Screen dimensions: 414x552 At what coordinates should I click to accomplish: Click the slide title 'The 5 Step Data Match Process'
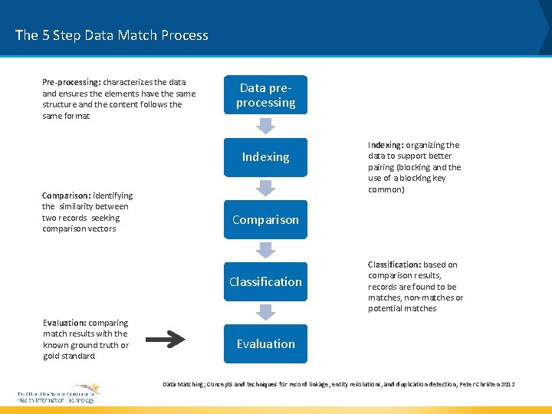pyautogui.click(x=112, y=35)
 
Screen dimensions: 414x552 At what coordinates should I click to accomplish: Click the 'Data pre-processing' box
pyautogui.click(x=265, y=95)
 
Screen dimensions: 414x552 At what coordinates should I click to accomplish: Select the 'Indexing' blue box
pyautogui.click(x=265, y=157)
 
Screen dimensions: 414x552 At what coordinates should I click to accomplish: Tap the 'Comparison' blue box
pyautogui.click(x=265, y=220)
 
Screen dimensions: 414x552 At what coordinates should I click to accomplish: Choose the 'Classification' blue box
pyautogui.click(x=265, y=282)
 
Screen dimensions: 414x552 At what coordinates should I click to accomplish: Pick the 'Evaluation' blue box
pyautogui.click(x=265, y=344)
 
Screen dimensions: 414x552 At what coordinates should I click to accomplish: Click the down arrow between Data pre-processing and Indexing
pyautogui.click(x=265, y=126)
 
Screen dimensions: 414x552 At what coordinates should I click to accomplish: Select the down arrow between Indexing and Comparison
pyautogui.click(x=265, y=188)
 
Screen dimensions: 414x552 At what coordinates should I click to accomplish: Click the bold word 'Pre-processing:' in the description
pyautogui.click(x=71, y=82)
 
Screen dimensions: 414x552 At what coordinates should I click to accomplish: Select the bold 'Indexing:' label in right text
pyautogui.click(x=386, y=145)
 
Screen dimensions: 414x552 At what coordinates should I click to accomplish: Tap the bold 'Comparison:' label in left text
pyautogui.click(x=67, y=195)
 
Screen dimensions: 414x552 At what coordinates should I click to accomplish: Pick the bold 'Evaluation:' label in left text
pyautogui.click(x=64, y=323)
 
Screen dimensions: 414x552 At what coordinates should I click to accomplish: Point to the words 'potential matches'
pyautogui.click(x=402, y=309)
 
